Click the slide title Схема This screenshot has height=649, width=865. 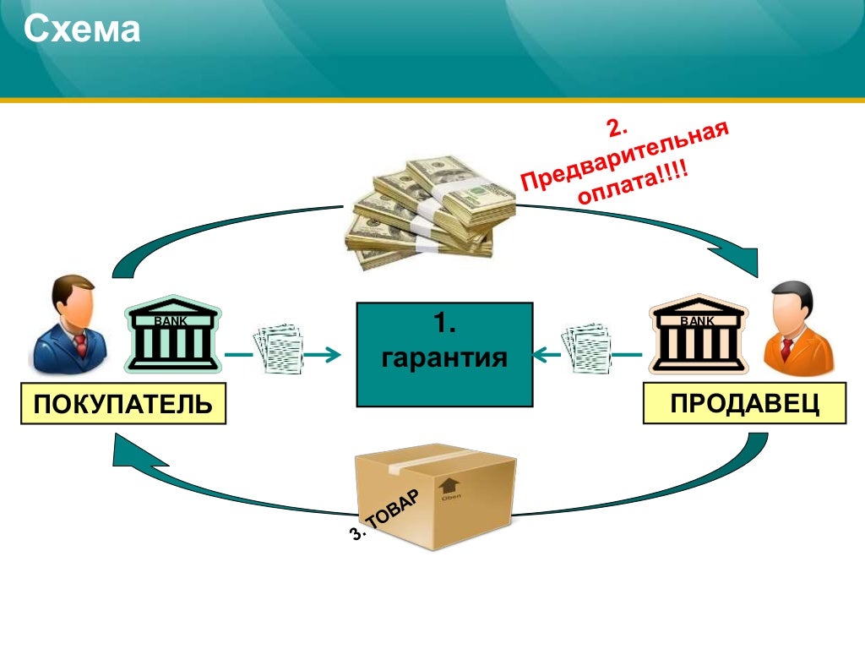coord(81,30)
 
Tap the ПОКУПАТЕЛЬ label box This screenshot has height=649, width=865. coord(123,403)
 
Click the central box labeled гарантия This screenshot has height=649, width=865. coord(444,354)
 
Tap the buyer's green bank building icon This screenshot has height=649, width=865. coord(172,339)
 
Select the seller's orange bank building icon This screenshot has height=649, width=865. coord(697,339)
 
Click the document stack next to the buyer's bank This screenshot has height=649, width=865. coord(278,348)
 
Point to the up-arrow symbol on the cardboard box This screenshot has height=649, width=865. coord(449,485)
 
